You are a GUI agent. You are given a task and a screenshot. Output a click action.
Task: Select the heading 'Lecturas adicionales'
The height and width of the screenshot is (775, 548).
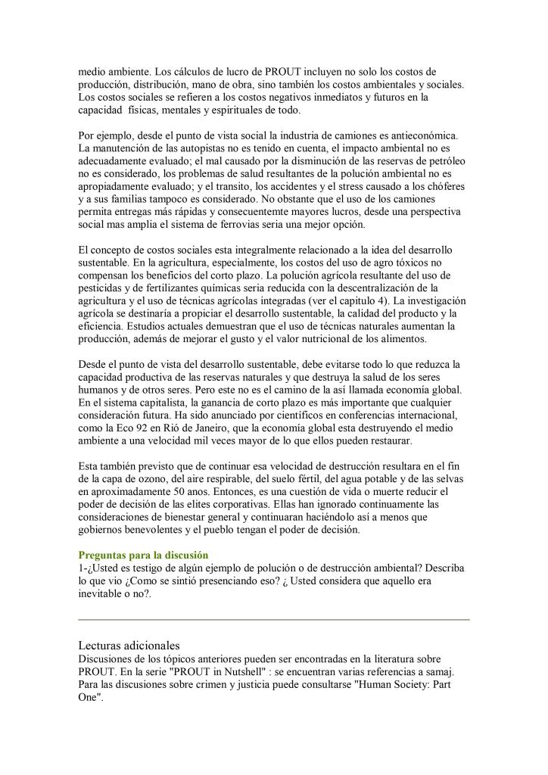click(129, 646)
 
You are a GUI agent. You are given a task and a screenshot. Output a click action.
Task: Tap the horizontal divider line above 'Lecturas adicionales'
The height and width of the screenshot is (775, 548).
click(274, 620)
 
